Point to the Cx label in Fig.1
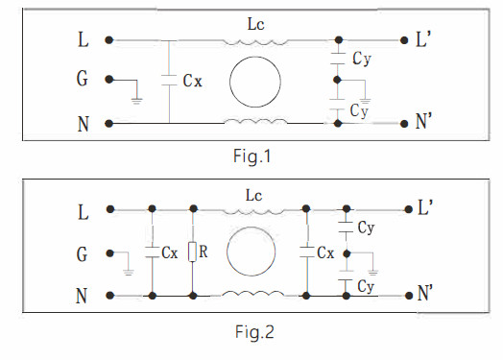pos(192,82)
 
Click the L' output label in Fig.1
pos(425,40)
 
